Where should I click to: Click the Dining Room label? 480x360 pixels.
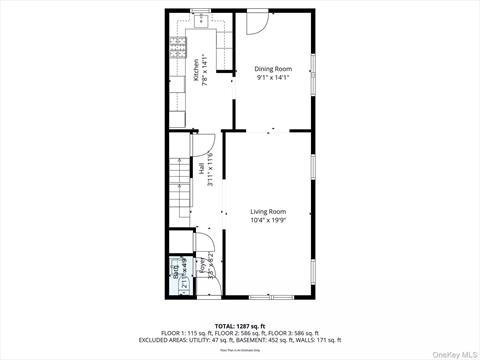coord(272,69)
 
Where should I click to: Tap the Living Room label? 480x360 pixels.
coord(268,212)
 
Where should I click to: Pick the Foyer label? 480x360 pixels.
coord(201,268)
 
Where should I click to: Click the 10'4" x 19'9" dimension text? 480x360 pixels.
coord(268,221)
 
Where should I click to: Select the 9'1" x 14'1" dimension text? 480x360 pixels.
coord(272,77)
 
